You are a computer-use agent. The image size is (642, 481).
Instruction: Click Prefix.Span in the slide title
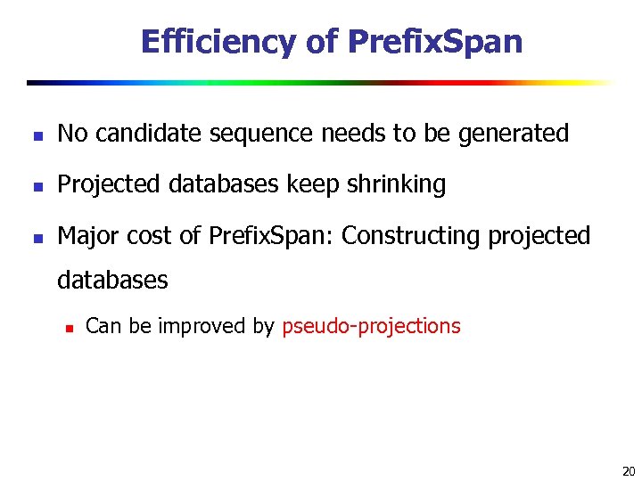pos(435,41)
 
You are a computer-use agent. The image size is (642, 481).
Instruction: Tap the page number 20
pos(628,471)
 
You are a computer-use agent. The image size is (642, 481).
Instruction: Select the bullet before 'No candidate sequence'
pos(34,135)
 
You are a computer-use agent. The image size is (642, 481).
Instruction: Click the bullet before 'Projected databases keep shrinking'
pos(34,186)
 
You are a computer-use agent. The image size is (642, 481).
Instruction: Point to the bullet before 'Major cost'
pos(34,237)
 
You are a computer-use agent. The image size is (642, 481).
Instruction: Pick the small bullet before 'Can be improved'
pos(68,328)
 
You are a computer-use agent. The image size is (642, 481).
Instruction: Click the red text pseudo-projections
pos(371,326)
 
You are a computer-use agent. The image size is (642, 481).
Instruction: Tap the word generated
pos(513,134)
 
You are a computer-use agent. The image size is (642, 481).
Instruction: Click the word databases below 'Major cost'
pos(112,280)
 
